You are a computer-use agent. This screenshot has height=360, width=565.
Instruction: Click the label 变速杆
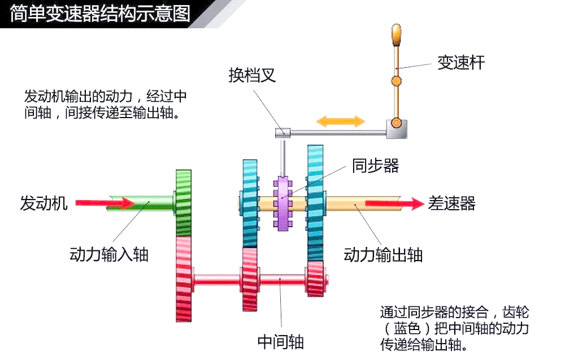pyautogui.click(x=461, y=63)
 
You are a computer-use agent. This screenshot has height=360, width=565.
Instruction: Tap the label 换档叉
pyautogui.click(x=252, y=75)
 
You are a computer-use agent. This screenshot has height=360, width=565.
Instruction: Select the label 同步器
pyautogui.click(x=375, y=166)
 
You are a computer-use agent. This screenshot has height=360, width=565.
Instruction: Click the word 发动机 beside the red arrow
pyautogui.click(x=44, y=203)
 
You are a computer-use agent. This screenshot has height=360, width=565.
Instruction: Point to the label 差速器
pyautogui.click(x=452, y=203)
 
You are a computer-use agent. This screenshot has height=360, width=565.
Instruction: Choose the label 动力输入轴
pyautogui.click(x=109, y=254)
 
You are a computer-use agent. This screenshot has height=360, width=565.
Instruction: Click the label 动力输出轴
pyautogui.click(x=383, y=255)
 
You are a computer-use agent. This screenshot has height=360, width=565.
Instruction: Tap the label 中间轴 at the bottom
pyautogui.click(x=280, y=342)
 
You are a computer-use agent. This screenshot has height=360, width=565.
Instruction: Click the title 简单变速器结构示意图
pyautogui.click(x=100, y=14)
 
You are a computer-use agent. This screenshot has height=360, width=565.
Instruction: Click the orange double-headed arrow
pyautogui.click(x=341, y=121)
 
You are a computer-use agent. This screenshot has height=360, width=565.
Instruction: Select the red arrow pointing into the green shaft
pyautogui.click(x=105, y=203)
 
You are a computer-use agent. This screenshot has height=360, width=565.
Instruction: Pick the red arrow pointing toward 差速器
pyautogui.click(x=395, y=203)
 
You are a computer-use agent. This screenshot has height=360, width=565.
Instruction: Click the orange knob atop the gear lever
pyautogui.click(x=397, y=35)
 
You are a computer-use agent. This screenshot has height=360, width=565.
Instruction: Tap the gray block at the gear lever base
pyautogui.click(x=397, y=129)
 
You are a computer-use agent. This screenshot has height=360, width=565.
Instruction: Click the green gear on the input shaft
pyautogui.click(x=184, y=203)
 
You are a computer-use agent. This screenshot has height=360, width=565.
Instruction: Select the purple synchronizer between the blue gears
pyautogui.click(x=282, y=203)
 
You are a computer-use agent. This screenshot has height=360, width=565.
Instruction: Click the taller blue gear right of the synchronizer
pyautogui.click(x=315, y=203)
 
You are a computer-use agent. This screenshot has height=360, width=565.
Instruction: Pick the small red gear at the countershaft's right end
pyautogui.click(x=315, y=279)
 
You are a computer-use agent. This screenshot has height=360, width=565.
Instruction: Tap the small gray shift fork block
pyautogui.click(x=283, y=133)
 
